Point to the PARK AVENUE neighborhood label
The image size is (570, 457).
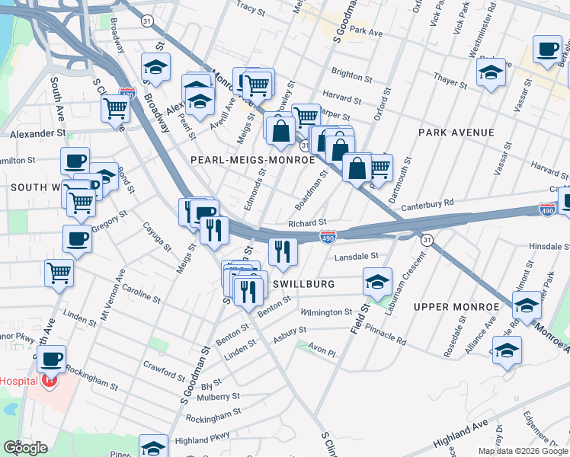(456, 133)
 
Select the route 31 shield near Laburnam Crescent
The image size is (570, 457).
(427, 240)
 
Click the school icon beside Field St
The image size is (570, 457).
(376, 282)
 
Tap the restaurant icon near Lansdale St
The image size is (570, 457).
(283, 251)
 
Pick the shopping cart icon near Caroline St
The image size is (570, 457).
(59, 272)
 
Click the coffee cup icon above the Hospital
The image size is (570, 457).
(51, 358)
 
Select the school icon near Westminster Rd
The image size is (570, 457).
(491, 72)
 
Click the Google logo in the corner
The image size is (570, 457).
(25, 447)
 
